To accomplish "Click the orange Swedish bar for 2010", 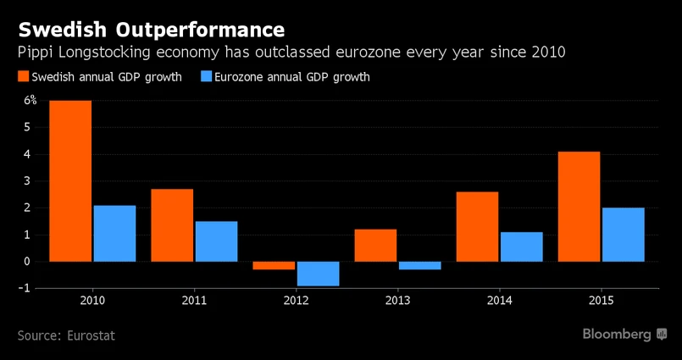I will [x=70, y=180].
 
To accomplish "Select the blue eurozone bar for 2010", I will [x=114, y=233].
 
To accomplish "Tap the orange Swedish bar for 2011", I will [x=172, y=224].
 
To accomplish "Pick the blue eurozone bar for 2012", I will [x=318, y=274].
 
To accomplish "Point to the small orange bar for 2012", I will [x=274, y=265].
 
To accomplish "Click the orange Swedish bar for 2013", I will [x=375, y=245].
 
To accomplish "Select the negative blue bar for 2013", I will [x=419, y=265].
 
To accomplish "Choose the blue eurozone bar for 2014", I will [x=521, y=246].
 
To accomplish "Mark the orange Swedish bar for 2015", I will [x=579, y=206].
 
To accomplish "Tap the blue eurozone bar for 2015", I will [x=623, y=234].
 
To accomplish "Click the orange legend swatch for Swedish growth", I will [x=23, y=77].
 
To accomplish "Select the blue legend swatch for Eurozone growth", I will [x=205, y=77].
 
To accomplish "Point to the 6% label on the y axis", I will [x=30, y=100].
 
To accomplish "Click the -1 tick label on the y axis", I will [x=30, y=288].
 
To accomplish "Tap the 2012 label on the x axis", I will [x=296, y=302].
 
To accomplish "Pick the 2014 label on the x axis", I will [x=499, y=302].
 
